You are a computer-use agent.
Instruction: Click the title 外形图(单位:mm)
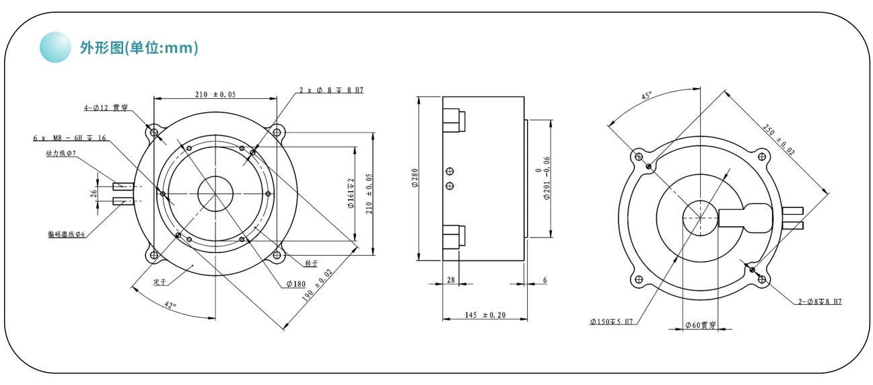[139, 49]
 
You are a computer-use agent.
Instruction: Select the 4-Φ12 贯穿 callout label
[106, 108]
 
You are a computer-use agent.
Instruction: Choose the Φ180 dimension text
[296, 284]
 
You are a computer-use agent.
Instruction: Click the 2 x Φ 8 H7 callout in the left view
[332, 90]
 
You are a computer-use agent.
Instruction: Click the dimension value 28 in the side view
[451, 279]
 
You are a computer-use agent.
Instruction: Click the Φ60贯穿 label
[700, 326]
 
